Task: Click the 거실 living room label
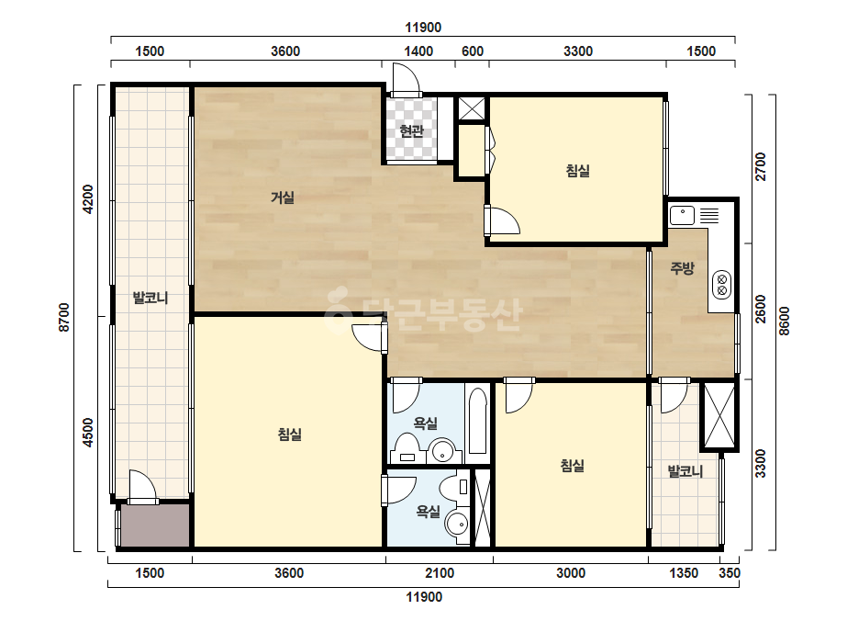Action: click(283, 198)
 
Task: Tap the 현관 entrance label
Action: click(411, 131)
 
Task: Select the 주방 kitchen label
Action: click(682, 267)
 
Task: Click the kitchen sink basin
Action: click(682, 215)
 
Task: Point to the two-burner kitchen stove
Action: click(721, 285)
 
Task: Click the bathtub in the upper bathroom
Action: click(477, 421)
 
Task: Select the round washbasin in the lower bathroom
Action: click(457, 524)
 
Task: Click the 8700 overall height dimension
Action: click(64, 318)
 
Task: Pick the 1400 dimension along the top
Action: click(418, 51)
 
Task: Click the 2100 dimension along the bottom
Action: click(440, 573)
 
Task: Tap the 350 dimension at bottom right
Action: click(730, 573)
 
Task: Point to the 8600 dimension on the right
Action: click(784, 321)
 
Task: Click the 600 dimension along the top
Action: click(472, 51)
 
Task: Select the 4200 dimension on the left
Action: click(88, 199)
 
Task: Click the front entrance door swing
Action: click(406, 80)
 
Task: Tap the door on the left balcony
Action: click(142, 488)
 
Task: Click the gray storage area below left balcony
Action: click(155, 525)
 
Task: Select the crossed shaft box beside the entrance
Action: click(472, 108)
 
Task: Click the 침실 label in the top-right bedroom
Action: click(577, 171)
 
